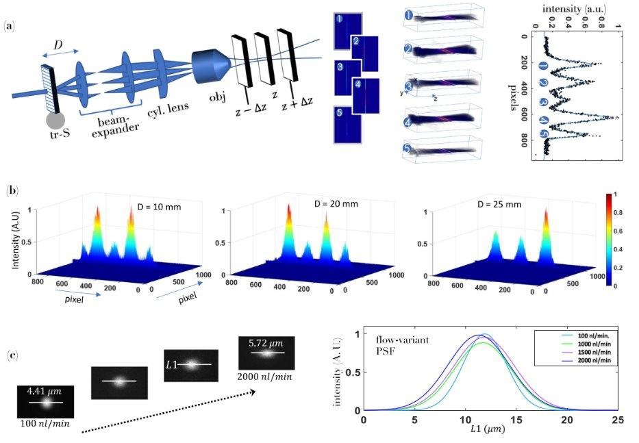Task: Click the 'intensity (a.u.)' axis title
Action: (x=574, y=9)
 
